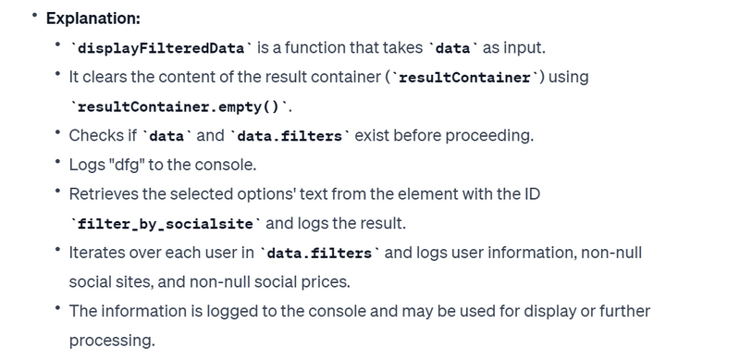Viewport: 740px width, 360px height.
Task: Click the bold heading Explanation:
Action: (93, 19)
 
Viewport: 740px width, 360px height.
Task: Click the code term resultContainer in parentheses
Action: (464, 78)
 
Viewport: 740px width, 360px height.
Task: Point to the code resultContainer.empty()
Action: (179, 106)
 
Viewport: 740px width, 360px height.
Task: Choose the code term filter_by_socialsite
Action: (165, 224)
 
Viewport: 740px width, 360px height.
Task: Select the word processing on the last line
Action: (112, 341)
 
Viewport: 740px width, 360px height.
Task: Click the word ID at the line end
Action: (533, 194)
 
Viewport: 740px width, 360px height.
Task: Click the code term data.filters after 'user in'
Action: (319, 254)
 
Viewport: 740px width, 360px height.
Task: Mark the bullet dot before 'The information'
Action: (58, 308)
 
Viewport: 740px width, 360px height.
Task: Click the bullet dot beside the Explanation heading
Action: (34, 16)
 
